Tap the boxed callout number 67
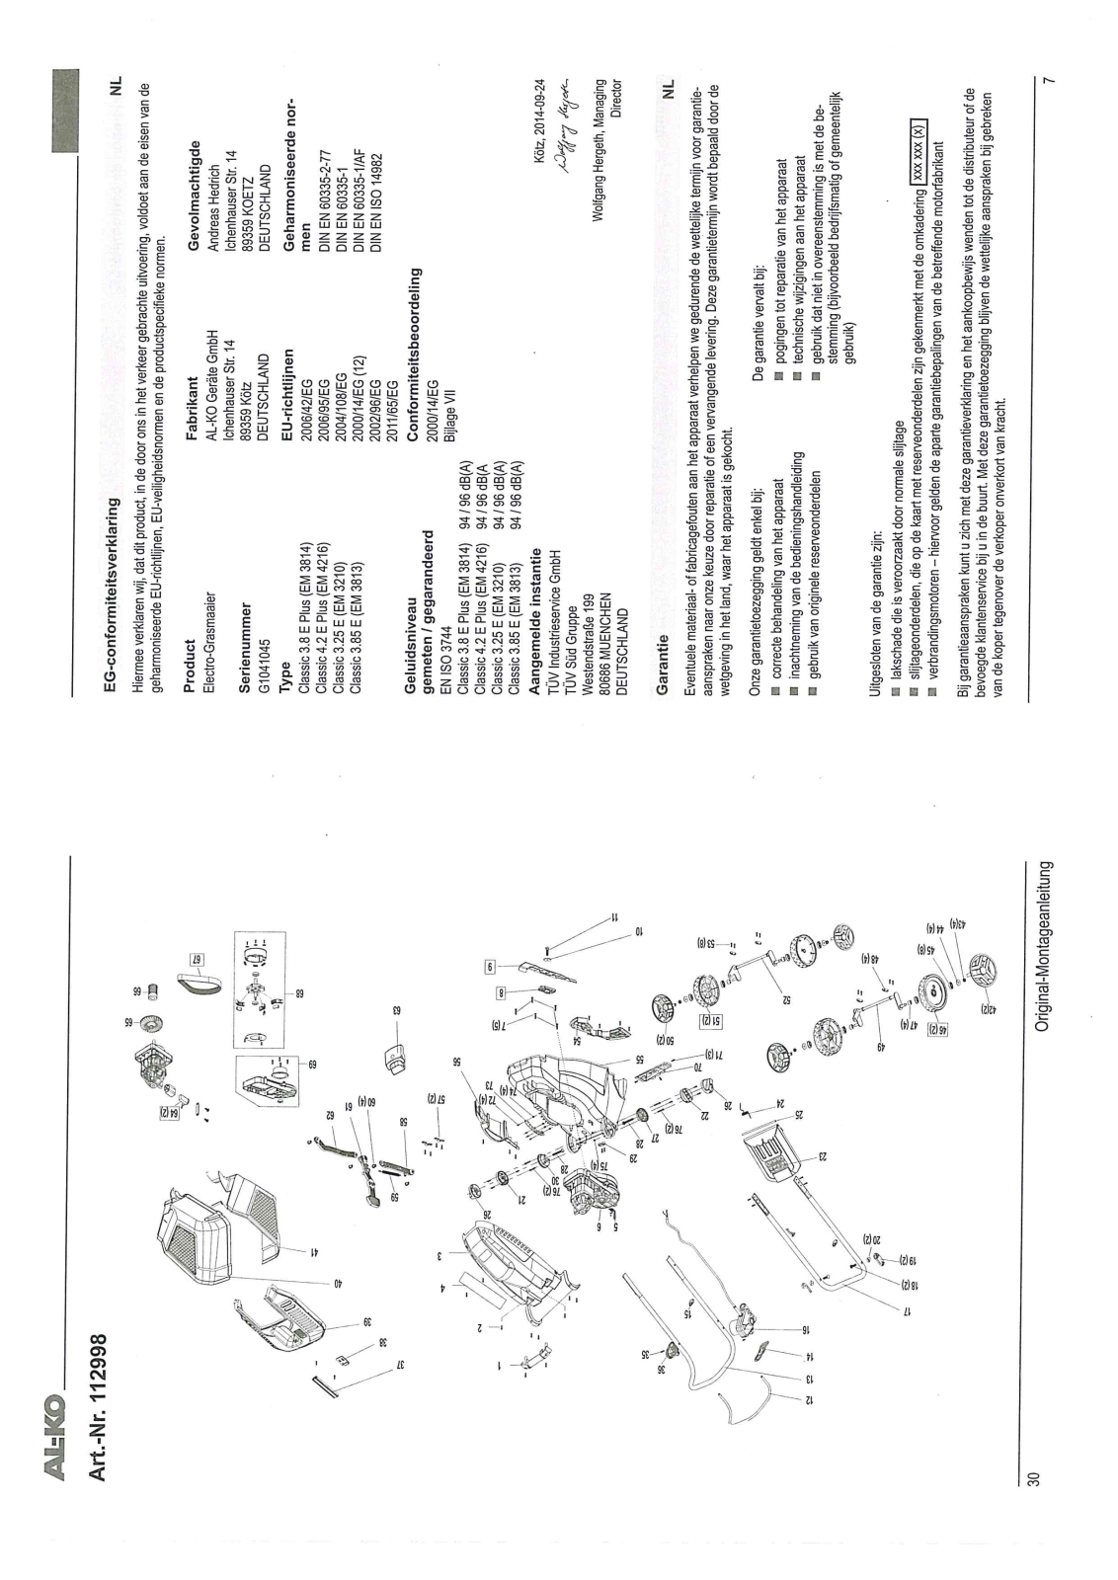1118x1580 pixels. pyautogui.click(x=196, y=957)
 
